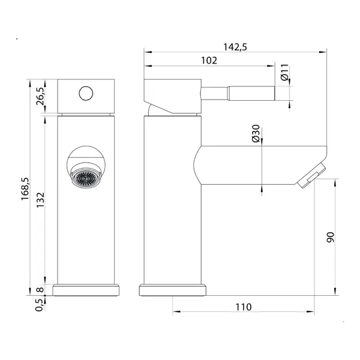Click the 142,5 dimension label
235,47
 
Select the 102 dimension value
209,61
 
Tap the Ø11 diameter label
284,73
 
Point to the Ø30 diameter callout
256,133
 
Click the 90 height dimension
331,237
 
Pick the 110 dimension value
244,307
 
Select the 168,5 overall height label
25,189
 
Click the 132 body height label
40,200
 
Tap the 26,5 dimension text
40,96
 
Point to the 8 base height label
40,290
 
